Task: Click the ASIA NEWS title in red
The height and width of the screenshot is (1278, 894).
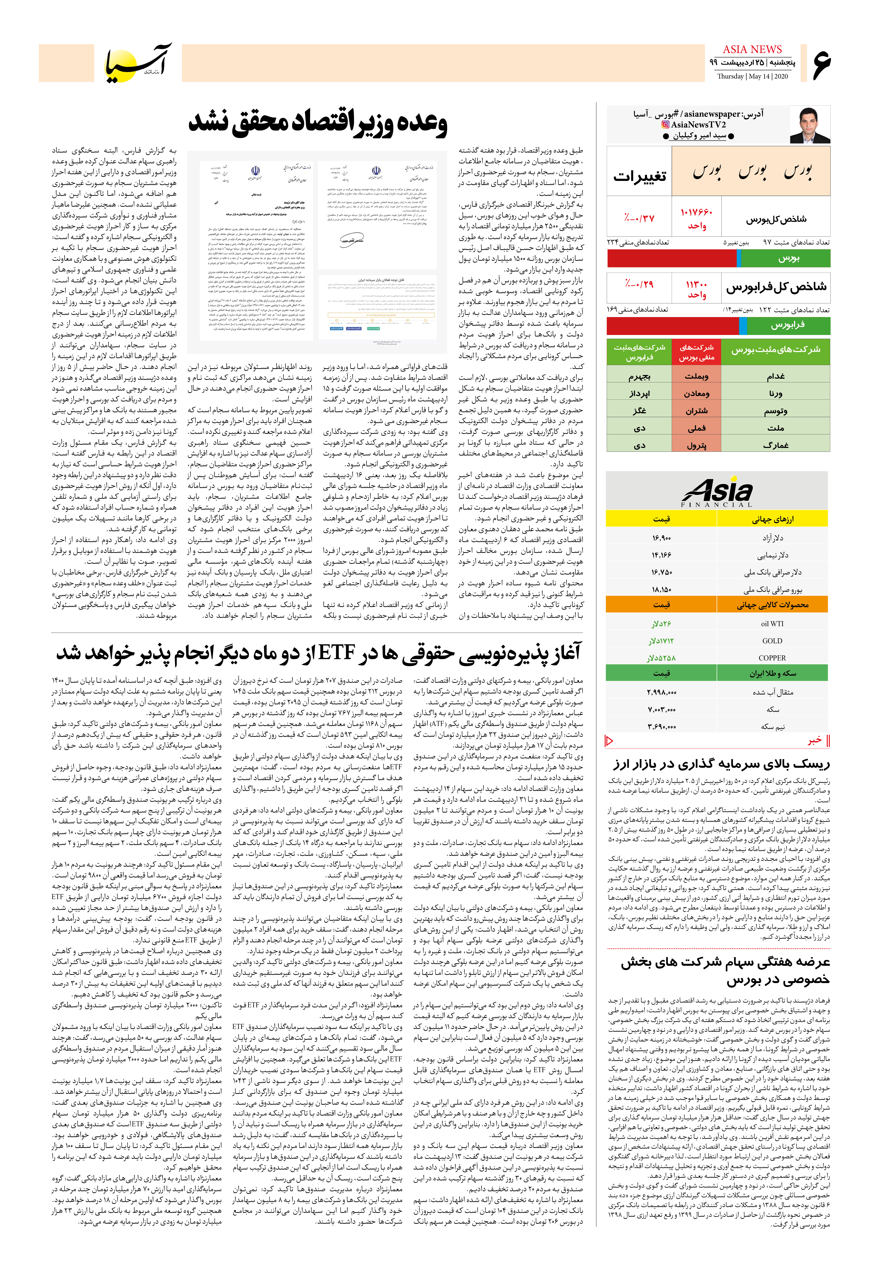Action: pyautogui.click(x=752, y=50)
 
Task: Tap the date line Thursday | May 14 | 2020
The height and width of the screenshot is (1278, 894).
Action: pyautogui.click(x=752, y=76)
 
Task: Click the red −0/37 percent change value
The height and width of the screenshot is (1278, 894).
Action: pyautogui.click(x=639, y=218)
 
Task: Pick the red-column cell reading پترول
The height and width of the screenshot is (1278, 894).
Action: pyautogui.click(x=697, y=445)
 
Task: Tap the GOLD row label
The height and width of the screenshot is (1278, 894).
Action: pyautogui.click(x=772, y=641)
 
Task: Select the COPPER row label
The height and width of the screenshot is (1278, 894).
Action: pyautogui.click(x=772, y=658)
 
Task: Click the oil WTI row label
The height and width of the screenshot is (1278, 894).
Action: pyautogui.click(x=772, y=623)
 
